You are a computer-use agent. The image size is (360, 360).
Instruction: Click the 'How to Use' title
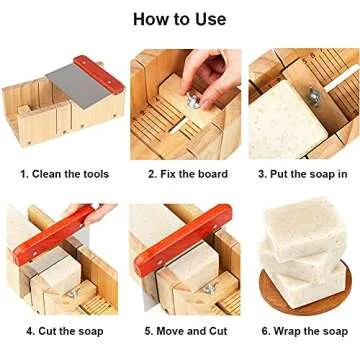(180, 19)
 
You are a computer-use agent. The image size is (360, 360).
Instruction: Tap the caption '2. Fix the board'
(188, 173)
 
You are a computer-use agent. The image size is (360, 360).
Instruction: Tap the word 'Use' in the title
(210, 19)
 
